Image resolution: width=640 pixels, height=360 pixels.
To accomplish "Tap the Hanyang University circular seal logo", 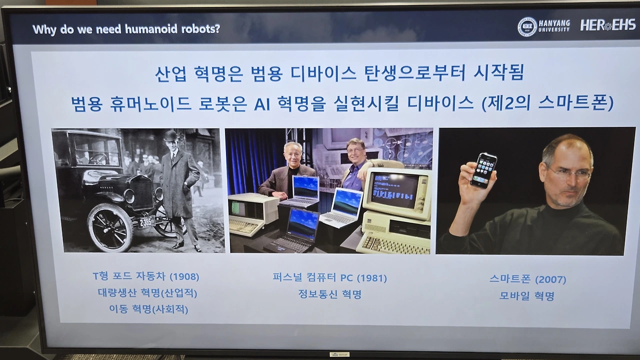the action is pyautogui.click(x=527, y=26).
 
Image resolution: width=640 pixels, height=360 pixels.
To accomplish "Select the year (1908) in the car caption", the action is pyautogui.click(x=184, y=276).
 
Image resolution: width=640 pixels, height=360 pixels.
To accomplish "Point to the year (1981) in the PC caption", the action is pyautogui.click(x=372, y=278).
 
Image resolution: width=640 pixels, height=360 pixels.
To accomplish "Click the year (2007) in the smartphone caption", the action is pyautogui.click(x=551, y=279).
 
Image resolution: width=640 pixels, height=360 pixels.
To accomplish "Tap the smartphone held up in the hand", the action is pyautogui.click(x=483, y=170).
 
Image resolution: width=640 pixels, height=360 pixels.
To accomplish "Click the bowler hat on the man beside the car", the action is pyautogui.click(x=171, y=135).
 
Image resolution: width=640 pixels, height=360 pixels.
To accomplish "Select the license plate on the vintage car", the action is pyautogui.click(x=146, y=221).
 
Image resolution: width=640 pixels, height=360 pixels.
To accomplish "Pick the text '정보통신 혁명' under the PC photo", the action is pyautogui.click(x=329, y=294).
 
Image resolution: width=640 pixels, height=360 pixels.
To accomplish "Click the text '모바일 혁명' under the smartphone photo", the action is pyautogui.click(x=526, y=295).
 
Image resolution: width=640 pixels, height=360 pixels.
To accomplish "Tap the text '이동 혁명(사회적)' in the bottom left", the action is pyautogui.click(x=148, y=309).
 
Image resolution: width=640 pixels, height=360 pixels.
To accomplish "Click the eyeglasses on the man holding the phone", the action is pyautogui.click(x=568, y=173).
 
